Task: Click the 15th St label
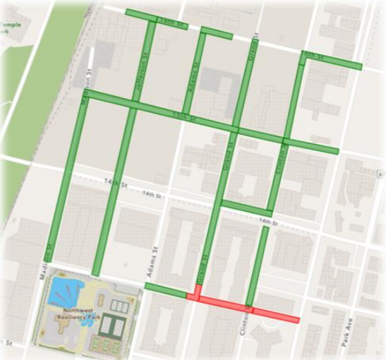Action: (x=184, y=115)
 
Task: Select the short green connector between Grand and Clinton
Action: (x=246, y=208)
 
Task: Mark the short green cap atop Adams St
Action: (x=215, y=32)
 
